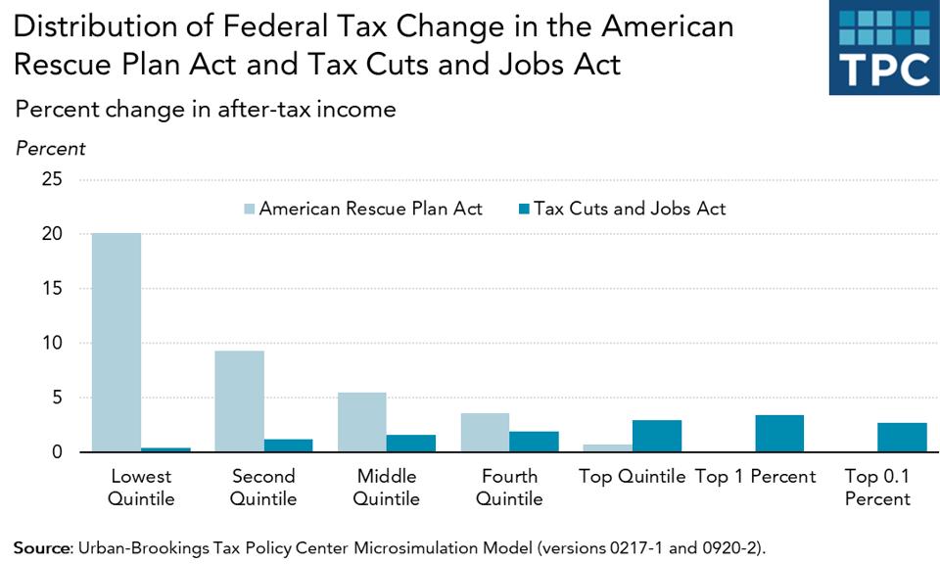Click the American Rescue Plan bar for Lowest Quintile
117,343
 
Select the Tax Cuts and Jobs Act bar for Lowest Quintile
165,449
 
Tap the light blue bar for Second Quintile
239,401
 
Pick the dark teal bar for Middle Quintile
411,444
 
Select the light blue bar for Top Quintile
607,448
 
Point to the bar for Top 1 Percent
779,434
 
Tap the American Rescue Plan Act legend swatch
248,210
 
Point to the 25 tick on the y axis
51,180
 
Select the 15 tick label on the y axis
51,289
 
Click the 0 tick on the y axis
57,452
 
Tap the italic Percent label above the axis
50,149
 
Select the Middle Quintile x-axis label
386,488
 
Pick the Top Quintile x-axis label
632,477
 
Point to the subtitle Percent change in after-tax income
205,109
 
